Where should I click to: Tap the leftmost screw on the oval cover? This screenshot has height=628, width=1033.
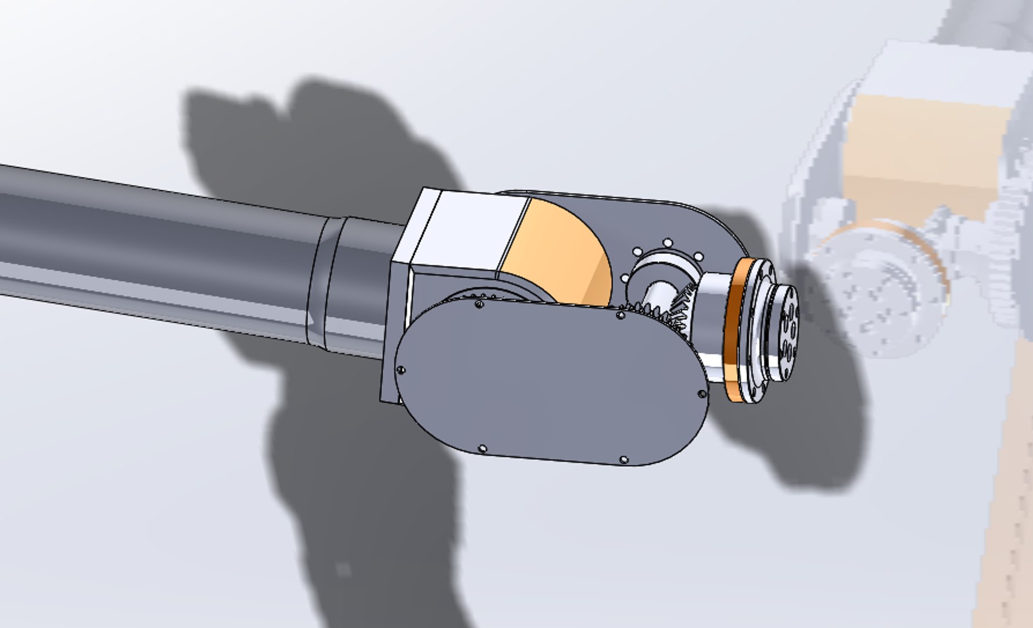tap(400, 370)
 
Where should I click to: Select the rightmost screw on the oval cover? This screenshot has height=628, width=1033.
tap(701, 394)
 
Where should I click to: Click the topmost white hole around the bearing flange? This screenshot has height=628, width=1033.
tap(668, 242)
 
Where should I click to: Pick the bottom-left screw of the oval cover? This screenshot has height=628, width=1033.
tap(482, 448)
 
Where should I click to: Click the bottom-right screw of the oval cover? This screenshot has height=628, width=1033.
tap(623, 459)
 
